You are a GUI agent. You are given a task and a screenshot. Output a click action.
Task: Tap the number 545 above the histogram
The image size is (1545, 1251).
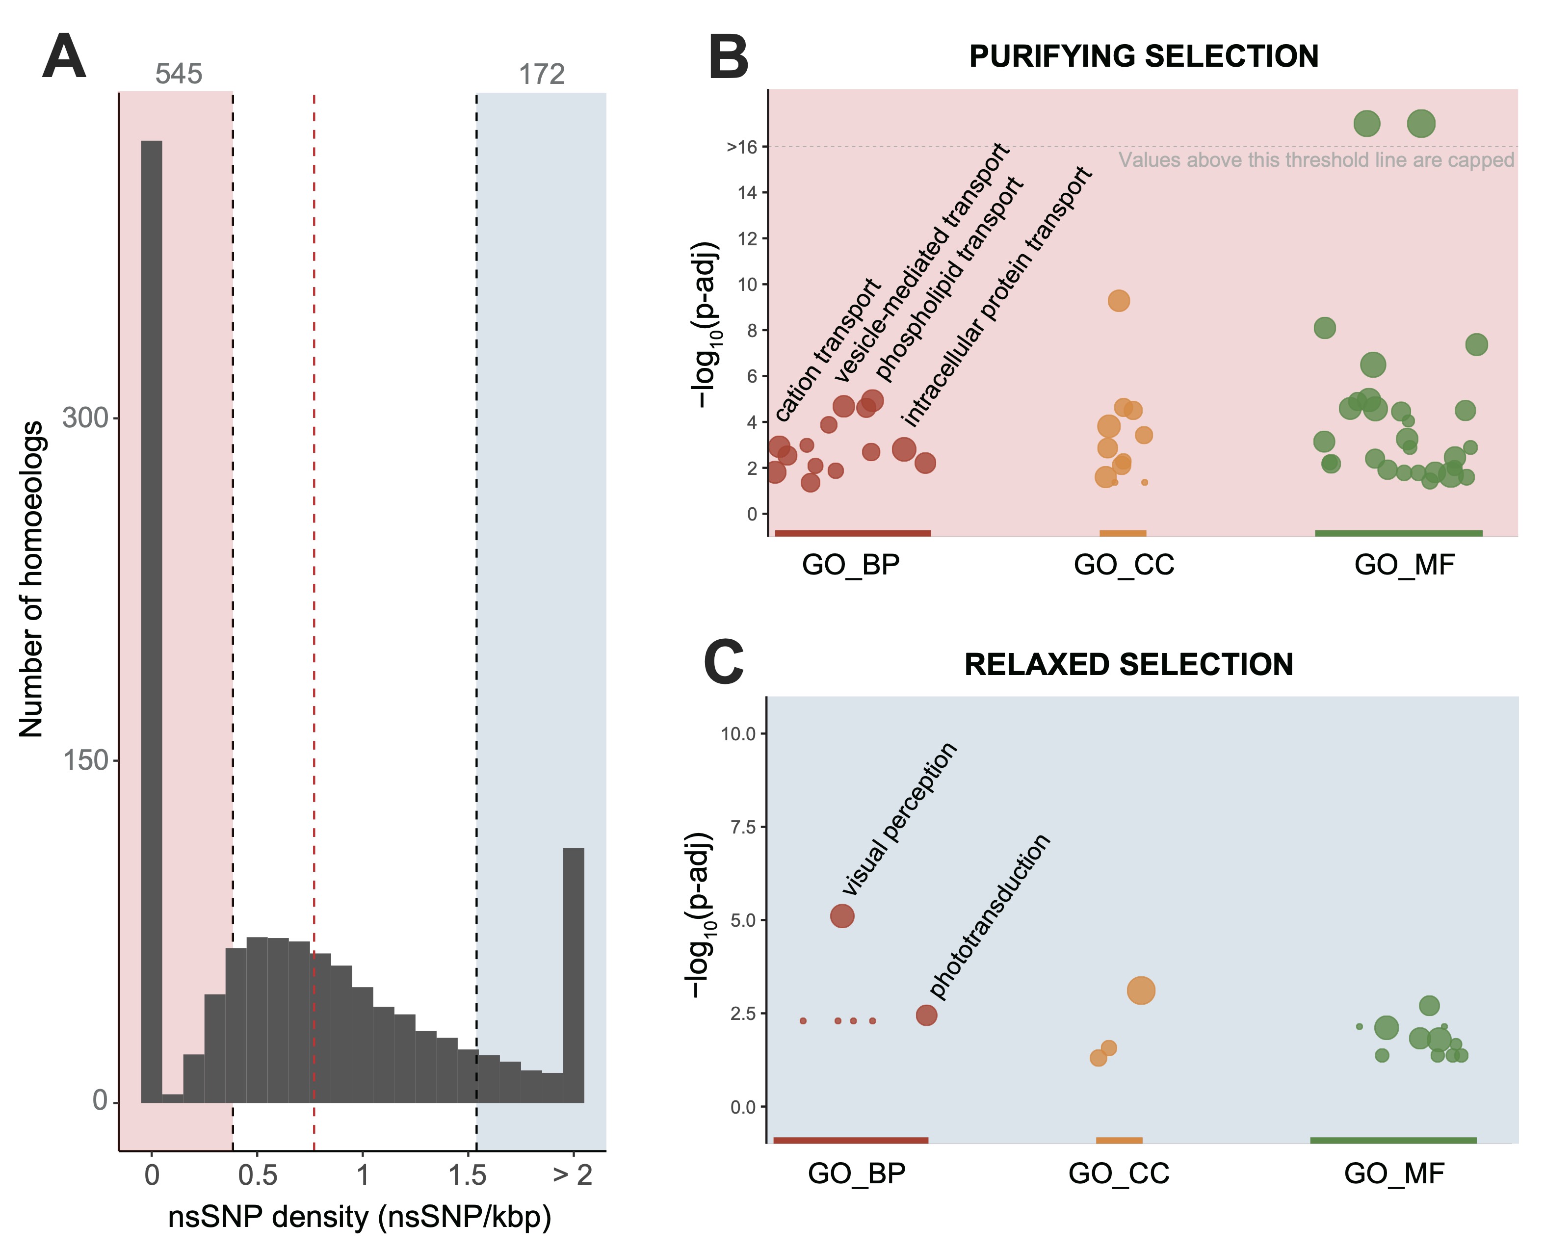(x=179, y=74)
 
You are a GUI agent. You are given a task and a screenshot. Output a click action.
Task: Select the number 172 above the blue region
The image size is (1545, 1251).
(x=542, y=74)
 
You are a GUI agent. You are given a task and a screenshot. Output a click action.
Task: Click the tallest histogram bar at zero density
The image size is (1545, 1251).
(x=151, y=620)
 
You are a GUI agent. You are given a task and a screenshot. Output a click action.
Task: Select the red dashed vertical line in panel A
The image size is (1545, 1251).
(x=314, y=576)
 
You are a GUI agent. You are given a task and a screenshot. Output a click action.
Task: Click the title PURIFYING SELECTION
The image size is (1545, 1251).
(x=1144, y=56)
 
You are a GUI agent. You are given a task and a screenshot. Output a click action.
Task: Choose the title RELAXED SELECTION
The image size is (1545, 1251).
(x=1128, y=664)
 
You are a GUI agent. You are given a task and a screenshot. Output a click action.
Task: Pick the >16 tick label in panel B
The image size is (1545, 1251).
(x=742, y=147)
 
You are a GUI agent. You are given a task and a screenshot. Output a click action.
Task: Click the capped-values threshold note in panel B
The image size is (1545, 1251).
(x=1316, y=160)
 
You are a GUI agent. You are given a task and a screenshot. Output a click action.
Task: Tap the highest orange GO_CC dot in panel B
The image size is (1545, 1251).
(x=1119, y=301)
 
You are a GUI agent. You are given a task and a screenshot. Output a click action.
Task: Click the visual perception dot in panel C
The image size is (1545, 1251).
(x=842, y=916)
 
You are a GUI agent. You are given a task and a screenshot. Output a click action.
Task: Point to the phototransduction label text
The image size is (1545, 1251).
(x=990, y=916)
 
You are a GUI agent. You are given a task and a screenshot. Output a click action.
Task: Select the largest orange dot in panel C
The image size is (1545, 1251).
(x=1141, y=991)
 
